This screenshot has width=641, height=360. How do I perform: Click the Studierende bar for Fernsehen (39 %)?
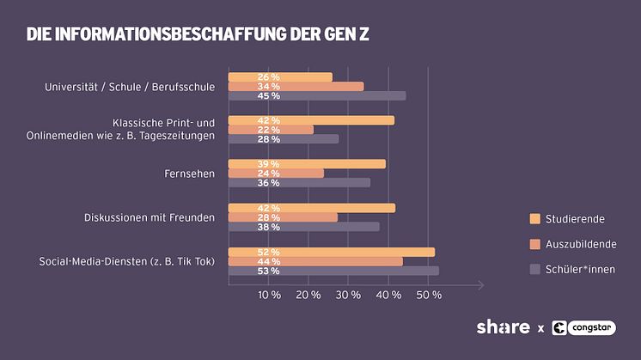click(x=307, y=164)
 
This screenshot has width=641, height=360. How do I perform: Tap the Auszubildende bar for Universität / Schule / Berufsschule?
click(x=296, y=86)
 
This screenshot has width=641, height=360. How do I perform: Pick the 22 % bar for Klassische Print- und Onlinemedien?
click(x=271, y=130)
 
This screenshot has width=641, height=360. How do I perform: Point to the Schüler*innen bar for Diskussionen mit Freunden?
click(x=303, y=227)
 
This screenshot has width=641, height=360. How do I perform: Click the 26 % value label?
click(x=268, y=77)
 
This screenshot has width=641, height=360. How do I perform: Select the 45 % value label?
click(x=268, y=96)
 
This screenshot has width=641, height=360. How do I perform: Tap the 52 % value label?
click(x=268, y=252)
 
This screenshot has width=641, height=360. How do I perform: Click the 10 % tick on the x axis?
click(x=269, y=295)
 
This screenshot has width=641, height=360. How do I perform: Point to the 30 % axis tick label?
click(x=349, y=295)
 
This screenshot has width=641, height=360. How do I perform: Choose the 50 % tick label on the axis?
click(x=429, y=295)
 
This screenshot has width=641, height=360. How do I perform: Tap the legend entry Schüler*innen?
click(x=580, y=269)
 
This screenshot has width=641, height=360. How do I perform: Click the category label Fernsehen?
click(x=189, y=174)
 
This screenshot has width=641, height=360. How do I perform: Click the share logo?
click(x=503, y=327)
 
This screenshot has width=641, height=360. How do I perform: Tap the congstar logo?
click(x=584, y=327)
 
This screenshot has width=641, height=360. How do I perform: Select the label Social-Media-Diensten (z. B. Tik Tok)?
click(x=127, y=261)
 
